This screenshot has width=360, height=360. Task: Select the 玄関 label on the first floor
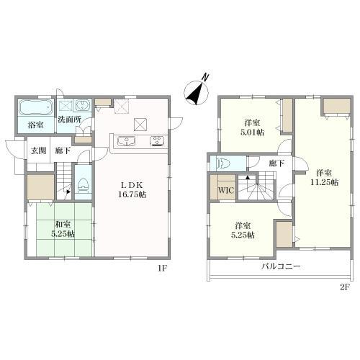pyautogui.click(x=38, y=150)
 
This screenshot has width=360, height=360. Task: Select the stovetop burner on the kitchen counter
pyautogui.click(x=156, y=141)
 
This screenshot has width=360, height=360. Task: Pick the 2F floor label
pyautogui.click(x=343, y=287)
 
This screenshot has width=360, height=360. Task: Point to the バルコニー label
pyautogui.click(x=281, y=266)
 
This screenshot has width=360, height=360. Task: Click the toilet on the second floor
pyautogui.click(x=221, y=163)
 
